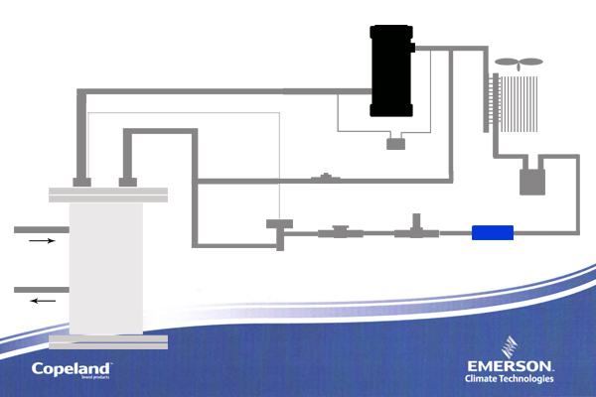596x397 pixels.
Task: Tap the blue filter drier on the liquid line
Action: tap(492, 233)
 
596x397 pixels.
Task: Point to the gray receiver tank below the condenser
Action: tap(534, 182)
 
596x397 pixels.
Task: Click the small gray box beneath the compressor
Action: tap(396, 145)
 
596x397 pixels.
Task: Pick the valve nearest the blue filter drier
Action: tap(414, 231)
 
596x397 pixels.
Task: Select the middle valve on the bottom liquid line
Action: tap(340, 233)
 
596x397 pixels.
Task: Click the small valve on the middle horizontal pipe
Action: tap(323, 180)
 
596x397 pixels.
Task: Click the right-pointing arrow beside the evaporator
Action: tap(42, 240)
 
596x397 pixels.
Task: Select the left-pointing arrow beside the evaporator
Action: tap(42, 301)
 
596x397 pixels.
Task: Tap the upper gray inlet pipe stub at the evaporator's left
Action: tap(41, 229)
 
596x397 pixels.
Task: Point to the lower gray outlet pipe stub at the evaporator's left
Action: tap(41, 290)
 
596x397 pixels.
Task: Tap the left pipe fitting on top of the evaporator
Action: tap(82, 181)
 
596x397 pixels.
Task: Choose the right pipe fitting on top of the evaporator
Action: tap(127, 181)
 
